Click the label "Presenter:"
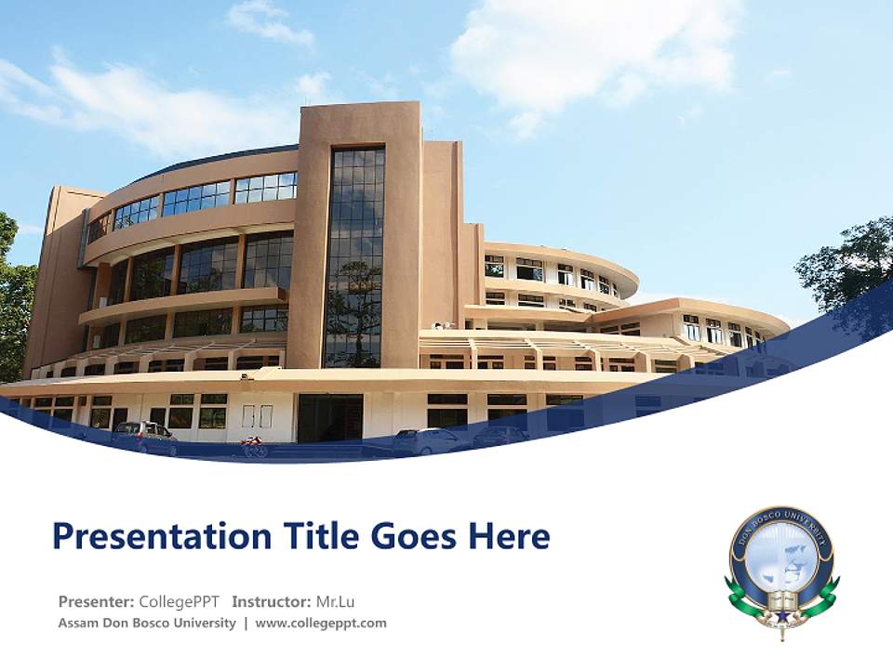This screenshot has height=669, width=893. pyautogui.click(x=96, y=601)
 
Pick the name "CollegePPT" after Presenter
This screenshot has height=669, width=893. pyautogui.click(x=179, y=601)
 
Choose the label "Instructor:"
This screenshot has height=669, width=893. pyautogui.click(x=272, y=601)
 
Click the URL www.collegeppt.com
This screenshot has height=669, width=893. pyautogui.click(x=321, y=623)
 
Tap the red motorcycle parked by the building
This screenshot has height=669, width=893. pyautogui.click(x=253, y=447)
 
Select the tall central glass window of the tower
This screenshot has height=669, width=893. pyautogui.click(x=354, y=256)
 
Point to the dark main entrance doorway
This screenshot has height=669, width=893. pyautogui.click(x=329, y=417)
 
